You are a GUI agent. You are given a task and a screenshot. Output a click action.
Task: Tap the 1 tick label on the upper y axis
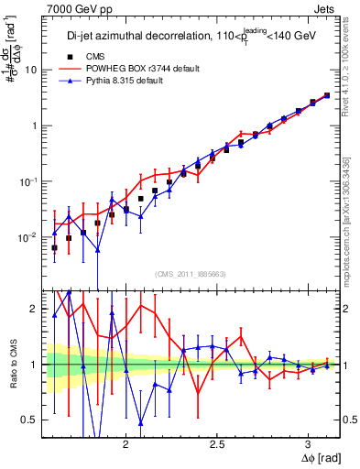[34, 125]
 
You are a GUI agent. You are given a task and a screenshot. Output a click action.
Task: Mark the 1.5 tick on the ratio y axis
[30, 336]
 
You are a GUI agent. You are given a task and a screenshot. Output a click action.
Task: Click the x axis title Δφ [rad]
[320, 457]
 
